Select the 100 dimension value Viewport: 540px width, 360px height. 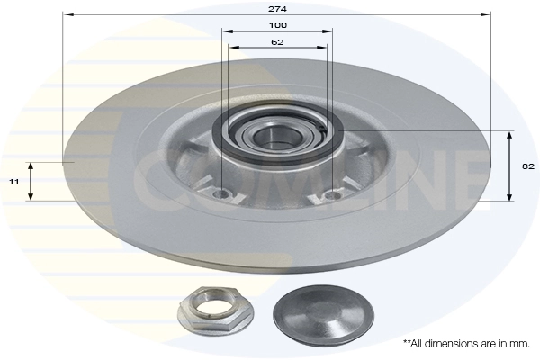pos(278,24)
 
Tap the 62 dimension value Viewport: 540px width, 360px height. pos(278,41)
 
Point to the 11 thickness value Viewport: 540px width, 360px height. pos(14,182)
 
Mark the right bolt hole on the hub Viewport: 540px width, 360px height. pos(332,193)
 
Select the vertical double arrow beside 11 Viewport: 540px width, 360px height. pos(31,181)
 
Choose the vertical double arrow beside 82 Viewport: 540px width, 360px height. pos(509,166)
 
